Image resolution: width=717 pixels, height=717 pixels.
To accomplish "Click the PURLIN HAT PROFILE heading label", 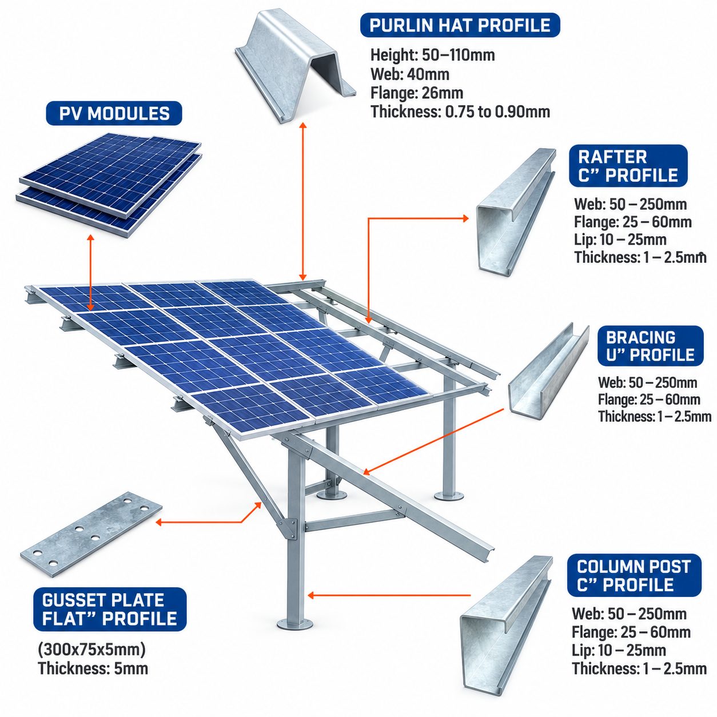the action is click(460, 25).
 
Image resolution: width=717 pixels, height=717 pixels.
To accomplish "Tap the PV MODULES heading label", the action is click(114, 113).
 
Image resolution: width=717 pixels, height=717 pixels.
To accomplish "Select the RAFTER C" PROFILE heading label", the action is click(628, 166).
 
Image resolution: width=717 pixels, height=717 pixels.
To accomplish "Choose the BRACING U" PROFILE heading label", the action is click(650, 346).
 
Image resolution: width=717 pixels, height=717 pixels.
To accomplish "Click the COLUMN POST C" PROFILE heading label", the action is click(634, 575).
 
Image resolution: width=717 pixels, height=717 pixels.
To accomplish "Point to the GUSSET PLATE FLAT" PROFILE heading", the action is click(110, 609).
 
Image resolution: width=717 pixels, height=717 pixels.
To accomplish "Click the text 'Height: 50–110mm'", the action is click(432, 55).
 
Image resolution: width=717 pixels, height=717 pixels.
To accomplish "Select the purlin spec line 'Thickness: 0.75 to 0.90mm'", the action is click(460, 111).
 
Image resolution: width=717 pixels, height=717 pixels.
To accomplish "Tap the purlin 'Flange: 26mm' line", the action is click(417, 93).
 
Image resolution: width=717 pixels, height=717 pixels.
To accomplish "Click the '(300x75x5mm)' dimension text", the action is click(91, 650).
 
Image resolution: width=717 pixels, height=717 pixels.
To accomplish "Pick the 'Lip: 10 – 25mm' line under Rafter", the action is click(620, 239).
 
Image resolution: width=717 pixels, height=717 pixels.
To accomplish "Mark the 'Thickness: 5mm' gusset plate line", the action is click(93, 668).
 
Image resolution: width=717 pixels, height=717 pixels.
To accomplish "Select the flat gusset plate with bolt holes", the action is click(91, 534).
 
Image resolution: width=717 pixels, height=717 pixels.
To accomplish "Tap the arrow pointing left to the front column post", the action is click(389, 595).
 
